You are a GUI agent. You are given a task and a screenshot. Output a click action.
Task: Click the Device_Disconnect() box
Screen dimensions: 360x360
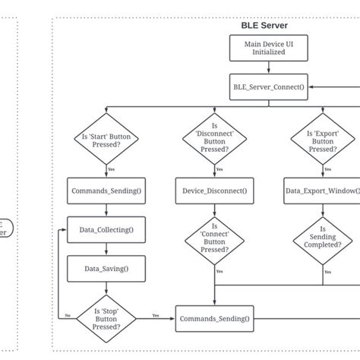213,190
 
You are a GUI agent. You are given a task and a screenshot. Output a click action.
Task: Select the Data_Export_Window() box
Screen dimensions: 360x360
322,190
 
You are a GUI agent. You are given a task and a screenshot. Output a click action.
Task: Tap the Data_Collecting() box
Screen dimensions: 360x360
106,229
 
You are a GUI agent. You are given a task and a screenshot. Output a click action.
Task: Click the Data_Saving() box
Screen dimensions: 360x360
106,267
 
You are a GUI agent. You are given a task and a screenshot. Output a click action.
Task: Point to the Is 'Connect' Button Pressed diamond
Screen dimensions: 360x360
213,237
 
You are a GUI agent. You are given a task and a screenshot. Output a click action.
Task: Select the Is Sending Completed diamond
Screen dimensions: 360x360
322,237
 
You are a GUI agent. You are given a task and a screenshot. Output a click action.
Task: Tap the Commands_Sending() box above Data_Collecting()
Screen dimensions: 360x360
106,190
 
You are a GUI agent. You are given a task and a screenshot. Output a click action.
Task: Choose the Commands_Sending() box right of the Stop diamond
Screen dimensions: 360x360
214,319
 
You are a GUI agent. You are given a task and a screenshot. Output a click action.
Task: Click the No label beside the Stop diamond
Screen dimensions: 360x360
68,314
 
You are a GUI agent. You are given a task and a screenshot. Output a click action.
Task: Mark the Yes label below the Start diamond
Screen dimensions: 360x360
112,169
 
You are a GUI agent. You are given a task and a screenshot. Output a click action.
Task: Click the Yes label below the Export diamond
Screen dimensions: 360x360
328,169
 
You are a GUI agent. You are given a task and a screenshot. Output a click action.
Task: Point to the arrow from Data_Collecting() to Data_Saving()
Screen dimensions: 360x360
106,248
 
